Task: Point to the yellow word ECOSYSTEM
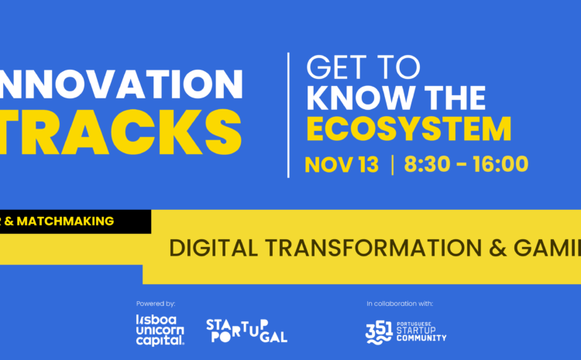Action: tap(408, 129)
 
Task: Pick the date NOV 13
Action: tap(342, 164)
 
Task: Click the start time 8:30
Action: tap(432, 164)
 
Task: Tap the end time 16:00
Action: tap(500, 164)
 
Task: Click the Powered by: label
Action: tap(155, 303)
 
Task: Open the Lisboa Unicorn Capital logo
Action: tap(160, 329)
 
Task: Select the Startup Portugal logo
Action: tap(247, 330)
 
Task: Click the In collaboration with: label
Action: tap(400, 303)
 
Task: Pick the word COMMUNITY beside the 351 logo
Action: tap(423, 338)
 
